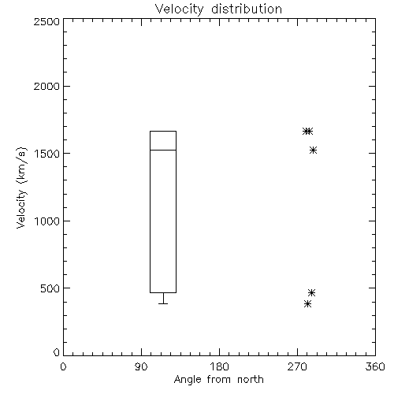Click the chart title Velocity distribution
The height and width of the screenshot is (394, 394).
pos(218,9)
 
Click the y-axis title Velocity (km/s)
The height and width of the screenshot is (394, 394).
pos(21,188)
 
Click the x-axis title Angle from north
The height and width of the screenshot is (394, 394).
pos(218,380)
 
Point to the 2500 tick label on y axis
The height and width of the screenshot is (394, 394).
pos(46,21)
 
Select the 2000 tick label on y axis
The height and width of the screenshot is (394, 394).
pos(46,86)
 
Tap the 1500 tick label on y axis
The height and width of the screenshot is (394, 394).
pos(47,154)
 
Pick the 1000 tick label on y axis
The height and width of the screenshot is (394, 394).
pos(47,221)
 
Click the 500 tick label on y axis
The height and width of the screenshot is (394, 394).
pos(50,288)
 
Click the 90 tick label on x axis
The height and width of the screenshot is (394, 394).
pos(141,366)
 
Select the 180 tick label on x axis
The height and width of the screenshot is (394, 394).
pos(219,366)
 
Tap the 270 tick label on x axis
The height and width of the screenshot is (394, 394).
pos(297,366)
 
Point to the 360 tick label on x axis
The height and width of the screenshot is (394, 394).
pos(375,366)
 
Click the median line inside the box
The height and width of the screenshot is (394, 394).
pos(163,150)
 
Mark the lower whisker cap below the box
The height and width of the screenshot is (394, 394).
pos(163,303)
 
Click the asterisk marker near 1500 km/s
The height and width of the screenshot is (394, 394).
pos(313,151)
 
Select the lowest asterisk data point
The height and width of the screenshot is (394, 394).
pos(307,304)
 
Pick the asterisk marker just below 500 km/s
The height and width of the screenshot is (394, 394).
pos(311,292)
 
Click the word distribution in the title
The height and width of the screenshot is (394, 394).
pos(247,9)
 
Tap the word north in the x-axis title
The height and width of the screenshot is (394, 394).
pos(251,380)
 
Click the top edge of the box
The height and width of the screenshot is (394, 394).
pos(163,131)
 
